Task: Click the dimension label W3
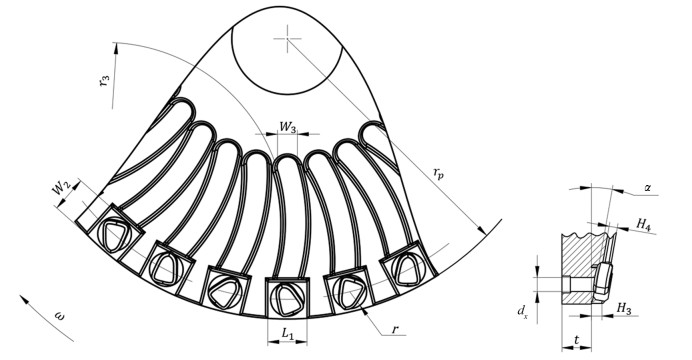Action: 288,127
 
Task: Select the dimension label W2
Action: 61,190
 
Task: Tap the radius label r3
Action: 105,81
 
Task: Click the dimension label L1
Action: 287,334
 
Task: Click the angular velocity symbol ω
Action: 58,315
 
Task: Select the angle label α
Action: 648,188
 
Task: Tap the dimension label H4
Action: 644,224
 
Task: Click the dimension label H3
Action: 624,308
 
